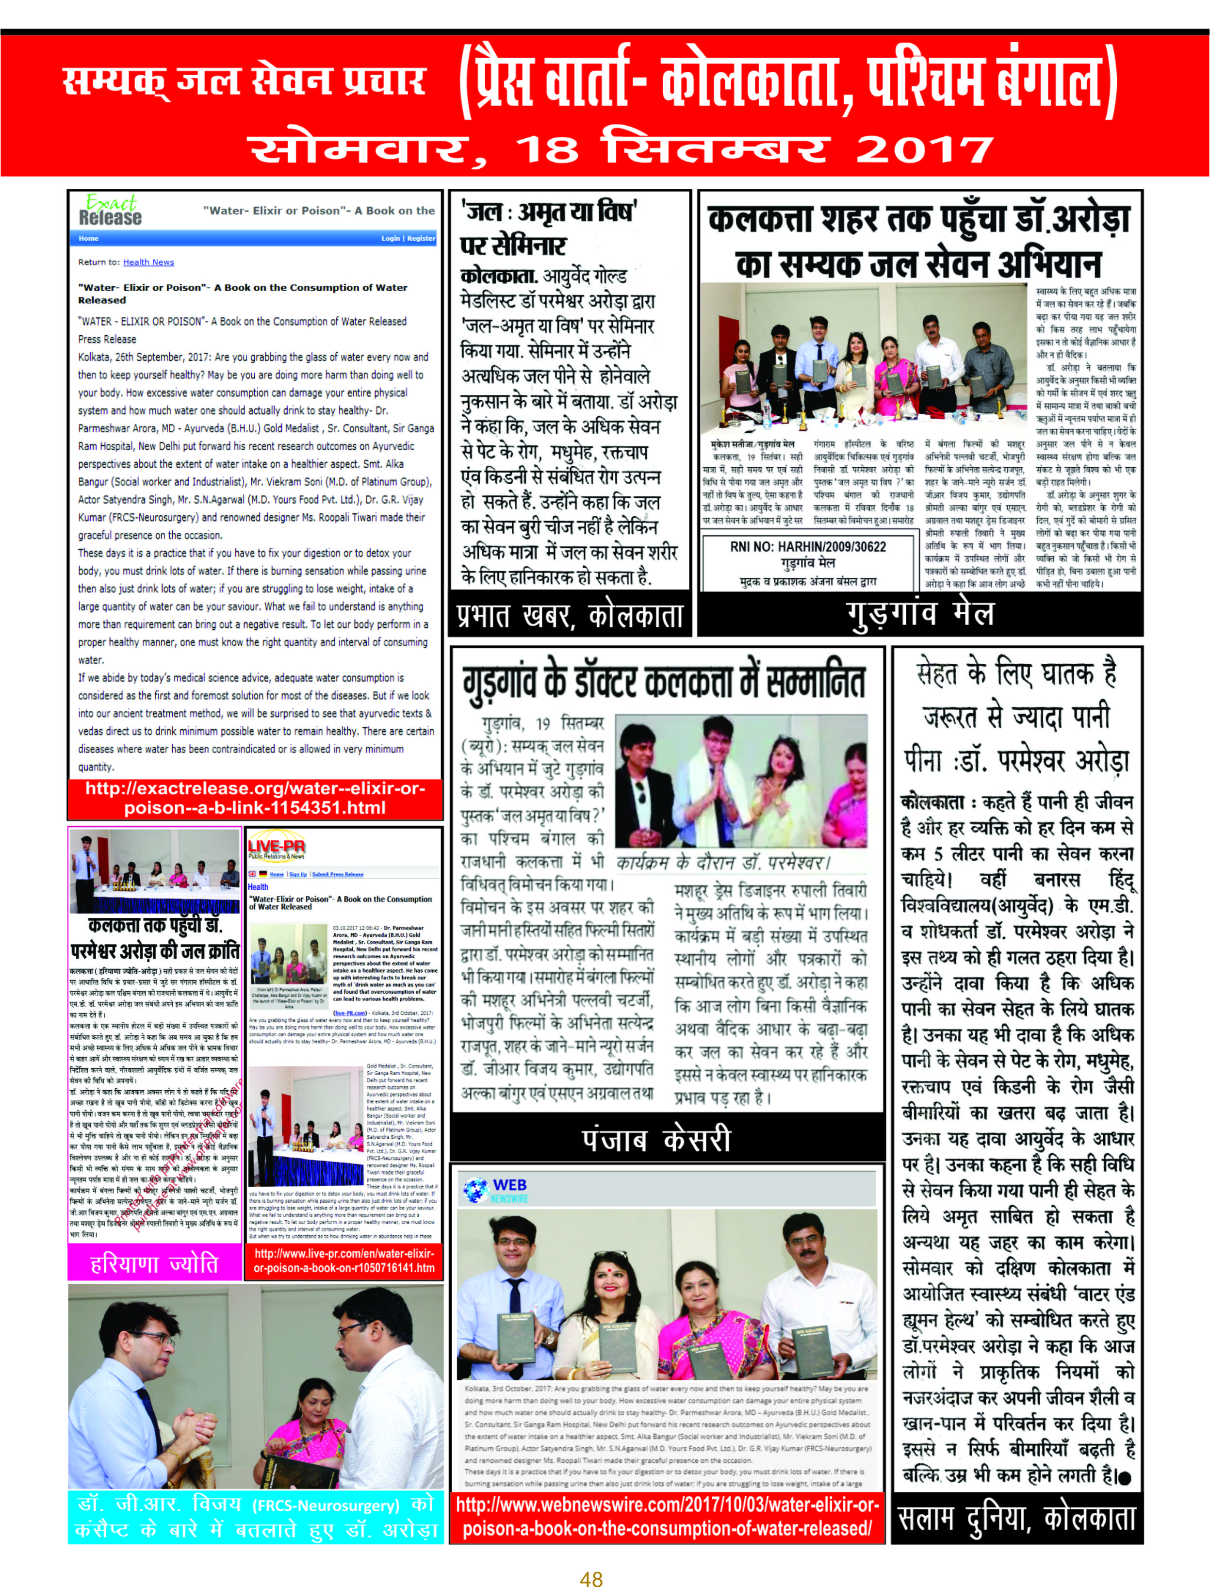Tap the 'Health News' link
point(148,262)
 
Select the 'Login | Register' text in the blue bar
point(408,238)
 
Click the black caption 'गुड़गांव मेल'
point(920,613)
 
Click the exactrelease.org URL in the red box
point(255,798)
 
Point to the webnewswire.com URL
point(667,1517)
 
